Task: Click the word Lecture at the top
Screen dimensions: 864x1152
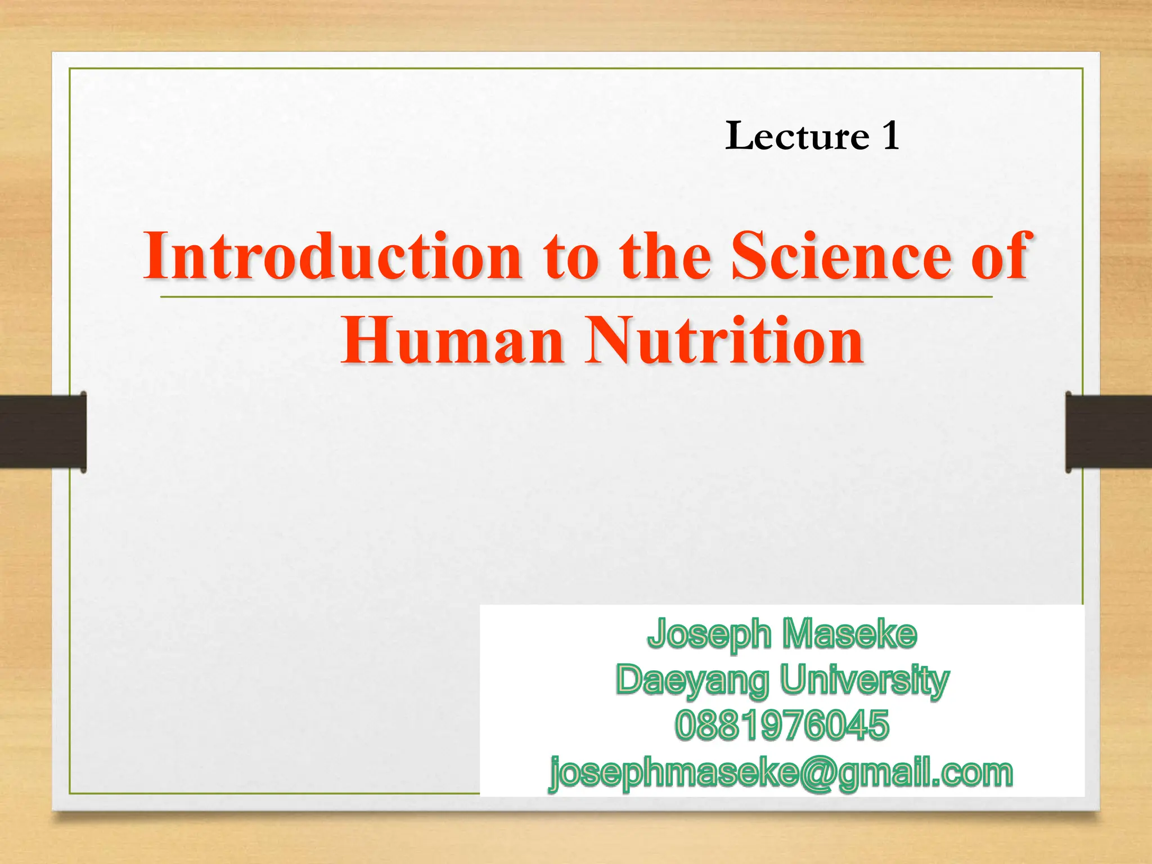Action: [x=797, y=137]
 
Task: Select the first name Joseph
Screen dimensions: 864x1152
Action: [x=709, y=634]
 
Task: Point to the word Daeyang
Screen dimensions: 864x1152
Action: [x=692, y=681]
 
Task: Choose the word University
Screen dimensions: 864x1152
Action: [x=865, y=680]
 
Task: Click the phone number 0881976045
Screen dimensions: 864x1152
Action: [x=782, y=725]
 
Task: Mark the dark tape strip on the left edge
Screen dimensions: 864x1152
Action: [x=43, y=431]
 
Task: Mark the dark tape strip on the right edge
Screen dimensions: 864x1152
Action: [x=1108, y=431]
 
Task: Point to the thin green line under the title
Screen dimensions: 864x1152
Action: [x=576, y=296]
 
